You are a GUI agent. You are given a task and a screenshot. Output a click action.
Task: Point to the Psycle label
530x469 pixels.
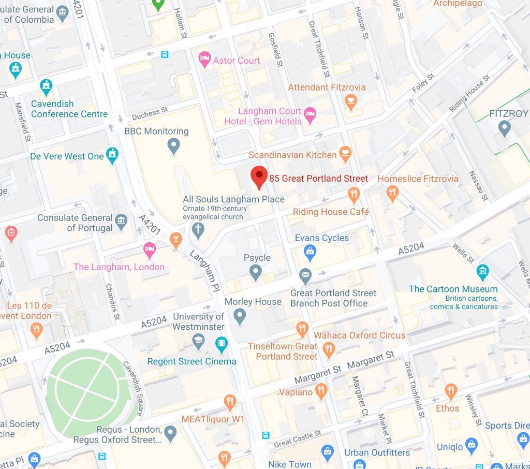pos(257,258)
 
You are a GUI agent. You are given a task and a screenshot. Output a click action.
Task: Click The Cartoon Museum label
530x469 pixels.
pos(453,289)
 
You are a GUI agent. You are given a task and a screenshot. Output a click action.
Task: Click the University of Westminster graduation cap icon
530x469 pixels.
pos(198,342)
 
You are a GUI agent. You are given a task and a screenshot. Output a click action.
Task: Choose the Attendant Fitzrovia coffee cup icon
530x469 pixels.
pos(351,101)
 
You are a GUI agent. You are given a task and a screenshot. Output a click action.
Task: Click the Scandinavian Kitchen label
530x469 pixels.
pos(292,155)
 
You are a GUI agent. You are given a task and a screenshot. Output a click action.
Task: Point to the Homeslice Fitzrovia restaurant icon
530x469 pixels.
pos(393,193)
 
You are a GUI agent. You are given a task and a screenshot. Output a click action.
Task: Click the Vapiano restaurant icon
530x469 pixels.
pos(321,391)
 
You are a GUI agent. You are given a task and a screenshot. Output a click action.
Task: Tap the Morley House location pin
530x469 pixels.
pos(239,316)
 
